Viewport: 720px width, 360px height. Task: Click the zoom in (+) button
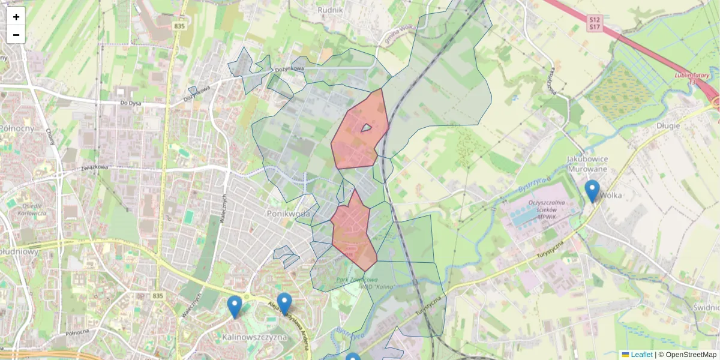[16, 17]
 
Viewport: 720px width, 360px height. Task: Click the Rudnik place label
[330, 10]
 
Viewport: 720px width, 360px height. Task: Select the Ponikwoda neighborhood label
[289, 214]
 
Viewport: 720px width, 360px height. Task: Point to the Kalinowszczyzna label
[254, 337]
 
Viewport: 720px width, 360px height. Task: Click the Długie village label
[668, 126]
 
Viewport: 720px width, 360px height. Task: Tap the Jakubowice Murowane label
[588, 164]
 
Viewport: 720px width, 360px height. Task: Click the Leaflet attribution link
[641, 355]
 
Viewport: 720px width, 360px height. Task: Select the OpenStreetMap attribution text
[691, 355]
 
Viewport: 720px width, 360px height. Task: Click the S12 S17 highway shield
[594, 23]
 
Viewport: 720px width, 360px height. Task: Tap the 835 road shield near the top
[179, 26]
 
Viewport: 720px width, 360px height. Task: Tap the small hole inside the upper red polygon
[366, 128]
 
